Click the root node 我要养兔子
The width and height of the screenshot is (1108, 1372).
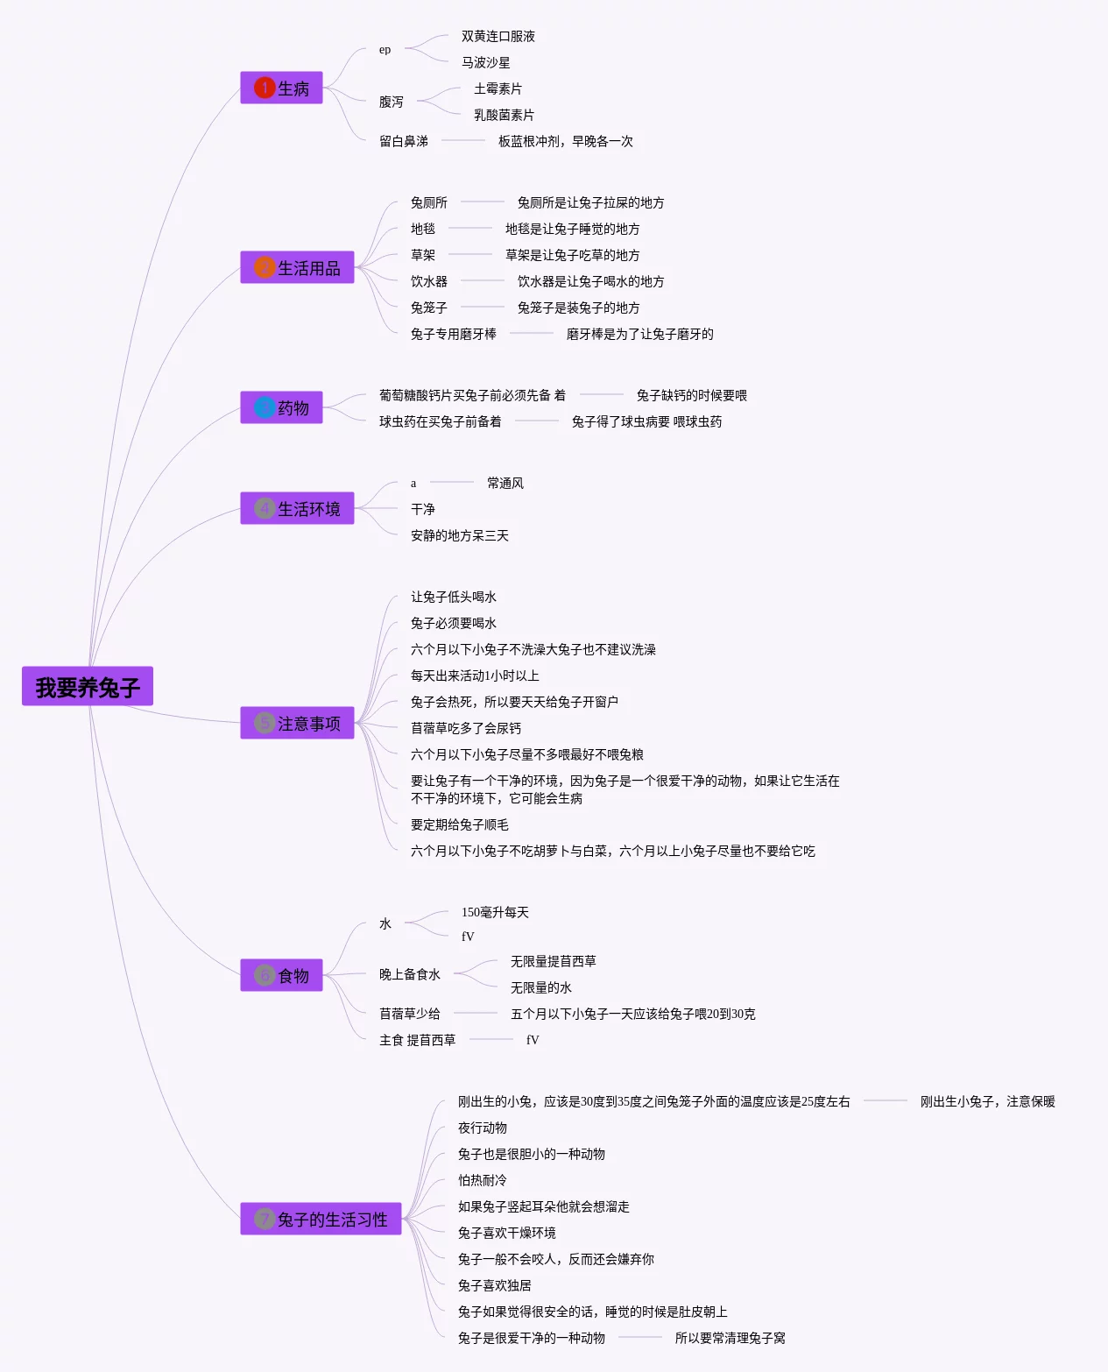88,687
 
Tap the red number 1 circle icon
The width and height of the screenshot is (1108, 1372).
265,88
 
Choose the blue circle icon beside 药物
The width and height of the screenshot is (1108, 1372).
265,407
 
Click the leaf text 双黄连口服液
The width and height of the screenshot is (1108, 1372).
498,37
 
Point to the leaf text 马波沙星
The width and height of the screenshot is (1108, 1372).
485,63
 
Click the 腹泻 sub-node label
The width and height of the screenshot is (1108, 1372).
391,103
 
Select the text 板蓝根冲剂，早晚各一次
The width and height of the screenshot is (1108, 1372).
565,142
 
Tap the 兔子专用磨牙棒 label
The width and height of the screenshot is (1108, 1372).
453,335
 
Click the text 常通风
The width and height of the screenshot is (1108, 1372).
505,484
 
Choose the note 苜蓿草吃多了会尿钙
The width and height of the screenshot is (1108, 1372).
465,729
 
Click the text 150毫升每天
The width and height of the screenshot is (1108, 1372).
495,913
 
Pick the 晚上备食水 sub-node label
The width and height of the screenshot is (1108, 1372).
409,975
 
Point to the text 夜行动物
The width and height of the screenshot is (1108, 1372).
482,1128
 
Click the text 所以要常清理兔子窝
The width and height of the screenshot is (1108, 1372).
730,1339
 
